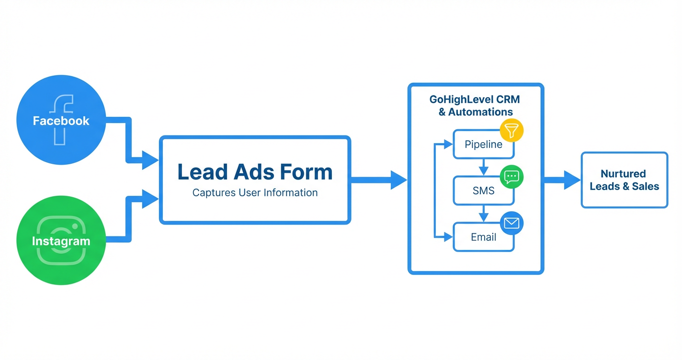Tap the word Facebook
pos(61,121)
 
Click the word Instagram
pos(61,241)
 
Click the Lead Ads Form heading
pos(255,172)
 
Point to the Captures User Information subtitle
pos(255,193)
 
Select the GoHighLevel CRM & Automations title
pos(475,106)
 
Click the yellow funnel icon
pos(511,131)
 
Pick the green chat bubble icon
pos(511,177)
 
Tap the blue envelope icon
pos(511,223)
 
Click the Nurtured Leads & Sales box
pos(624,180)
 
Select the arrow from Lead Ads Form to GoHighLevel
pos(378,180)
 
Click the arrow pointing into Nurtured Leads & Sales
pos(563,180)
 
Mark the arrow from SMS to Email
pos(483,214)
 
